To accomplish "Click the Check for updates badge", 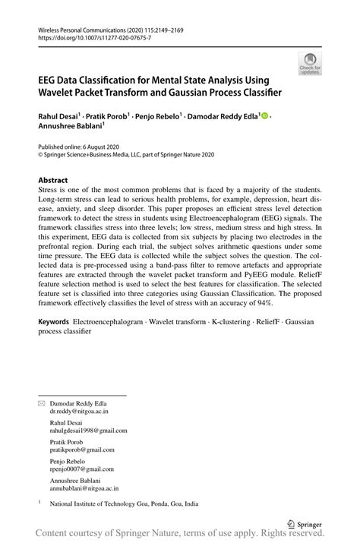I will pos(309,64).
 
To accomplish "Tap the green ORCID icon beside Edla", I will pos(266,116).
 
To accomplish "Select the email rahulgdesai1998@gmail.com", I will pos(89,431).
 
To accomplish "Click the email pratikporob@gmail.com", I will pos(83,450).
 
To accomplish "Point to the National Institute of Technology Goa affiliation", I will pos(124,503).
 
